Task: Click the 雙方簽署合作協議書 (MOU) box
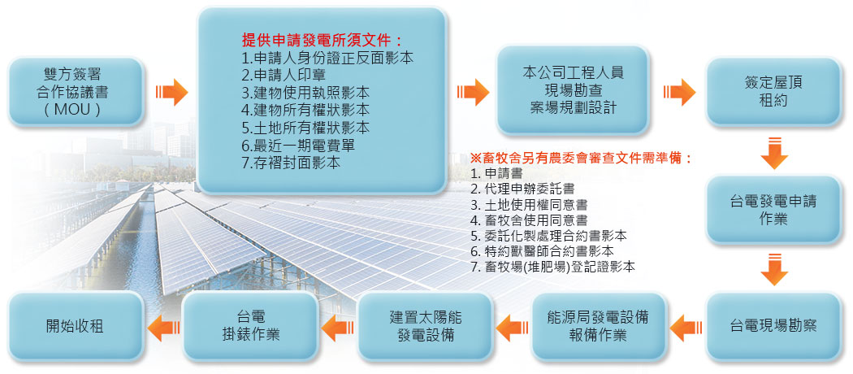tap(76, 91)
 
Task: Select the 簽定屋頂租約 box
tap(773, 91)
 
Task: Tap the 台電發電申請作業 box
tap(773, 210)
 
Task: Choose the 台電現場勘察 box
tap(773, 327)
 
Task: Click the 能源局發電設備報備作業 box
tap(599, 327)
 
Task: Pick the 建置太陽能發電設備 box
tap(425, 327)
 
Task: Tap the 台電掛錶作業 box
tap(251, 327)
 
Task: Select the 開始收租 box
tap(76, 327)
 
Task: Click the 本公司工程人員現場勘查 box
tap(573, 89)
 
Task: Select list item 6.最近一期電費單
tap(299, 146)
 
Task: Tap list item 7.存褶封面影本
tap(291, 163)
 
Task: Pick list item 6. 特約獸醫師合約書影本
tap(543, 251)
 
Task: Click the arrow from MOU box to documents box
tap(171, 92)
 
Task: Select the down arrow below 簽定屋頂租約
tap(773, 154)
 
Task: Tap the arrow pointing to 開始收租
tap(164, 328)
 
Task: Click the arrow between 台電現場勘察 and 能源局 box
tap(686, 328)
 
